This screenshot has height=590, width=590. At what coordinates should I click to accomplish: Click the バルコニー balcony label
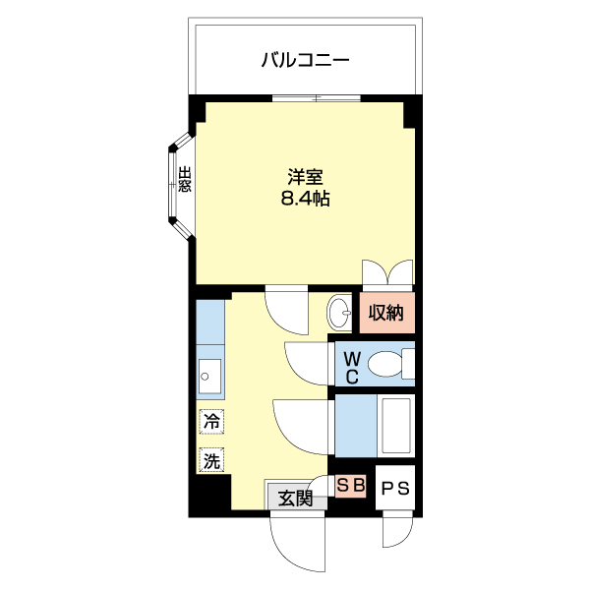(x=305, y=61)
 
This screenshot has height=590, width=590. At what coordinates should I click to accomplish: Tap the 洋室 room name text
(x=306, y=178)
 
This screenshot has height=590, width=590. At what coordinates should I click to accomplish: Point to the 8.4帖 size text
(x=306, y=199)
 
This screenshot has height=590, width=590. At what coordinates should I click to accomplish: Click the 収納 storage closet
(x=386, y=315)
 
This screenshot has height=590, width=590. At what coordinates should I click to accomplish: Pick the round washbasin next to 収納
(x=340, y=315)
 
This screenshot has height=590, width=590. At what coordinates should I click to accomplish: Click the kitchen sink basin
(x=208, y=375)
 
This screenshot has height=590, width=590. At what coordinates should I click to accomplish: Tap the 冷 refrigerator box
(x=211, y=422)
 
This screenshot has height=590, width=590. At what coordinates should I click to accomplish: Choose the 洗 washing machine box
(x=211, y=458)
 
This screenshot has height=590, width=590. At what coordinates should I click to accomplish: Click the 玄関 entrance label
(x=295, y=498)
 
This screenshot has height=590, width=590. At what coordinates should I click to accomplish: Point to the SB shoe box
(x=350, y=485)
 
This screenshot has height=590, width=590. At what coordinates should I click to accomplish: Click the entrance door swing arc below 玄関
(x=295, y=541)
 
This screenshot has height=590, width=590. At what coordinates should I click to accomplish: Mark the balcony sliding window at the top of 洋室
(x=317, y=97)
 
